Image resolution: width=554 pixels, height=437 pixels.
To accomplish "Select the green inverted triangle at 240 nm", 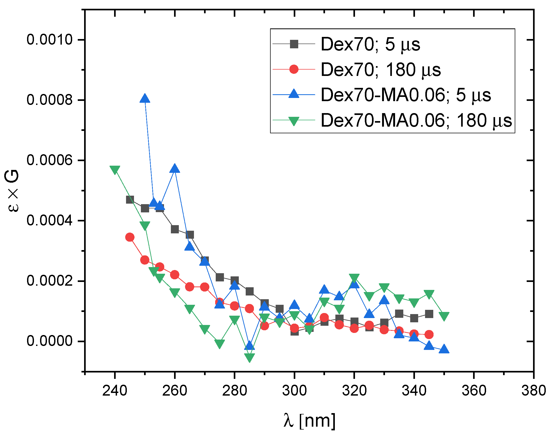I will (115, 170).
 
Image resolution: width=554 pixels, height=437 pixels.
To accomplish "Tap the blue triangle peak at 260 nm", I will (175, 169).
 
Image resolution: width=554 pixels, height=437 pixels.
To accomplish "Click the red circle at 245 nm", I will (130, 237).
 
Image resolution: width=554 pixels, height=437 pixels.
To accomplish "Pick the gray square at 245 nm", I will (130, 200).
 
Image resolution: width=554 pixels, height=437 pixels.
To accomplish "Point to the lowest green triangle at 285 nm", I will (249, 357).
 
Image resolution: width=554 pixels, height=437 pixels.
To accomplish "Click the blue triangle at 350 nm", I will (444, 349).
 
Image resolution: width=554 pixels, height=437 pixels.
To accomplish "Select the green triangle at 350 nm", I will (444, 316).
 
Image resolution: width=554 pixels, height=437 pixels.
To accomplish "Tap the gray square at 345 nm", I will (429, 314).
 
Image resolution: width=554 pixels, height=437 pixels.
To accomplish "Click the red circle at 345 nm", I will (429, 335).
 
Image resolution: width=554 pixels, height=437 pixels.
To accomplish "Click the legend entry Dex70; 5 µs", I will (370, 44).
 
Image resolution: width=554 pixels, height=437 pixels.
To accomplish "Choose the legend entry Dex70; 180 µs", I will (380, 70).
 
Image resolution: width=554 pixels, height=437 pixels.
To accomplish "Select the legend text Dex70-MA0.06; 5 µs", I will (406, 95).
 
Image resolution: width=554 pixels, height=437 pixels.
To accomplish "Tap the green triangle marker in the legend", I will (294, 121).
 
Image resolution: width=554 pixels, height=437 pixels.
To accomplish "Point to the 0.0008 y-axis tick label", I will (50, 100).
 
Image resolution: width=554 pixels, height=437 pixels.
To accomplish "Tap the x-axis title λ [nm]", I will (309, 421).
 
